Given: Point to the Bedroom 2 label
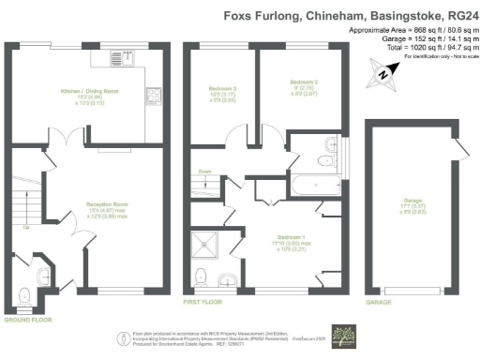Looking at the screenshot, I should tap(305, 83).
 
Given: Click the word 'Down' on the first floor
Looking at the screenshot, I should tap(206, 172).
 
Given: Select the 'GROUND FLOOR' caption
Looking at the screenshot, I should tap(25, 320).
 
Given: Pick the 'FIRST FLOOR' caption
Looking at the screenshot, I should tap(202, 304).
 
